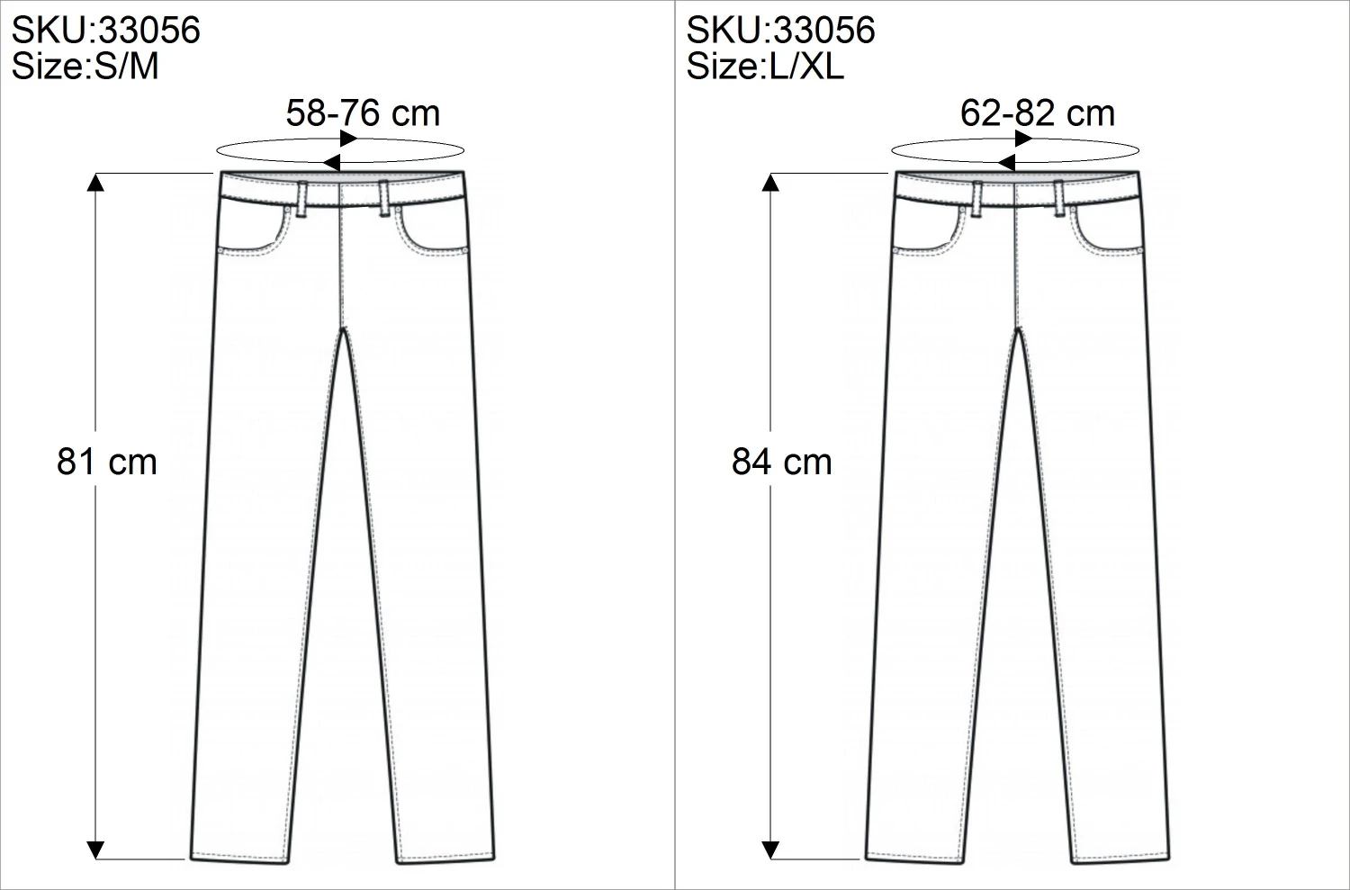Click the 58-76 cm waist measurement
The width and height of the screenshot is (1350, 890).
(x=363, y=113)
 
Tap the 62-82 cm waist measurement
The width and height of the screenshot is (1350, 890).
(x=1038, y=113)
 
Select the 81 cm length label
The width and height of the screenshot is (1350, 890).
(x=107, y=462)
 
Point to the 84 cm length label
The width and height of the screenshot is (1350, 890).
(x=782, y=462)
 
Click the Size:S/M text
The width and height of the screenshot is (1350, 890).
(x=85, y=67)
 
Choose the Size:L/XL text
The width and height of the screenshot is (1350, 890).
(x=765, y=67)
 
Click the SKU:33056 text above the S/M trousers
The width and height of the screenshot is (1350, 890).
(x=105, y=30)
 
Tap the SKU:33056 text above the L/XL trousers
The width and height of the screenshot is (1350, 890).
(x=780, y=30)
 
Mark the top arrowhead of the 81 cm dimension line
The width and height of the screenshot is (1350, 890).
(x=95, y=182)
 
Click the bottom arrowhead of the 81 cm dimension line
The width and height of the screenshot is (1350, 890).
(x=95, y=849)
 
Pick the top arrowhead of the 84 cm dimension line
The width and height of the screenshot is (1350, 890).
(x=770, y=182)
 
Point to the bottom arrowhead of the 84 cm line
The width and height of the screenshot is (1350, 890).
(x=770, y=849)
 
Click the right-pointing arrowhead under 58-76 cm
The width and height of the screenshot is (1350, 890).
(x=348, y=138)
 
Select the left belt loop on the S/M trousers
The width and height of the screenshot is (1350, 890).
(x=301, y=198)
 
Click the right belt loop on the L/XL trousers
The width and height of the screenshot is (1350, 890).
(x=1059, y=198)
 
